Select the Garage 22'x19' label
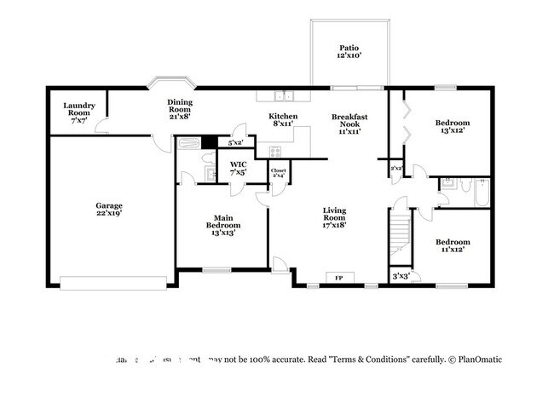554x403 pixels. [x=108, y=210]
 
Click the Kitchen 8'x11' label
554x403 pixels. [x=283, y=119]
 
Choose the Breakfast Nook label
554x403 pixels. [x=349, y=123]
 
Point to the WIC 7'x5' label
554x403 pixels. [x=238, y=168]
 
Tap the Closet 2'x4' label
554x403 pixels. [x=278, y=174]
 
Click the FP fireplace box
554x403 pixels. [x=338, y=278]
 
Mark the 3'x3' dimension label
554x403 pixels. [x=399, y=276]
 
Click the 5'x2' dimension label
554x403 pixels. [x=236, y=141]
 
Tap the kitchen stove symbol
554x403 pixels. [x=275, y=153]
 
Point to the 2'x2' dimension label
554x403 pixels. [x=395, y=169]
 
